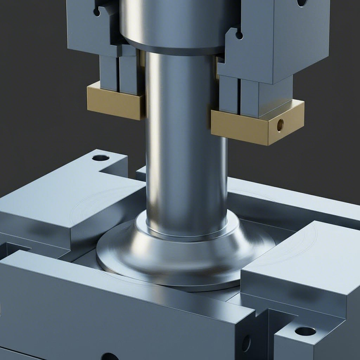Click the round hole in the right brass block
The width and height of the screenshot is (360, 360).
point(280,125)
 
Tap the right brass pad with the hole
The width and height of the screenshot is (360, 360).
point(257,125)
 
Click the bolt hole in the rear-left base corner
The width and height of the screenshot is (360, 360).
point(101,157)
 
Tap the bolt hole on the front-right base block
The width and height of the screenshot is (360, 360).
point(305,331)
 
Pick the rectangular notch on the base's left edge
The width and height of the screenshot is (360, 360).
point(14,250)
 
